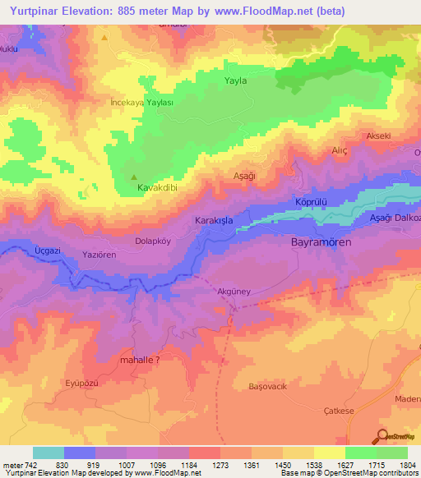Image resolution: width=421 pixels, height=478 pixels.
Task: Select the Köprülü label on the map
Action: click(311, 202)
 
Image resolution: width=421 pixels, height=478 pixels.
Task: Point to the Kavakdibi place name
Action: click(159, 188)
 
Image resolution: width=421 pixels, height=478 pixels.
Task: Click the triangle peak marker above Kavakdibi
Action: click(135, 176)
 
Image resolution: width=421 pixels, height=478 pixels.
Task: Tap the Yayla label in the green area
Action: click(236, 80)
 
